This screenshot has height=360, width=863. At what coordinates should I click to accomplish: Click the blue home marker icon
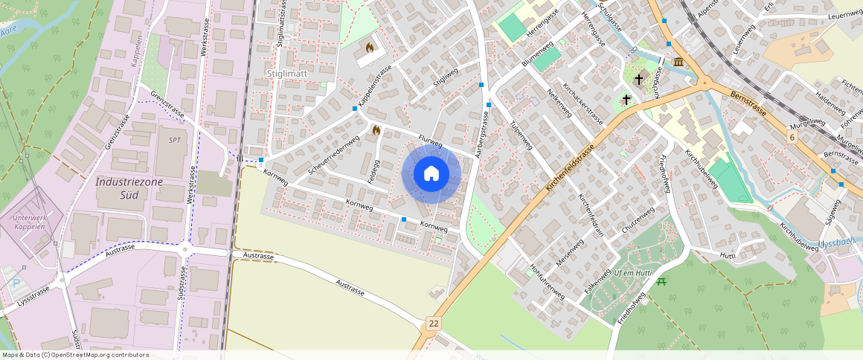coord(431,174)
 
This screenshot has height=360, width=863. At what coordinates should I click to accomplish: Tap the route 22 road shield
coord(433,324)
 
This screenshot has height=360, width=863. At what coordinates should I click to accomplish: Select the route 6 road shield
coord(793,138)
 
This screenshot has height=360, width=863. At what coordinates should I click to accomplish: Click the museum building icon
coord(678,61)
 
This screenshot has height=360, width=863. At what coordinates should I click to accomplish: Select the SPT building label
coord(175,140)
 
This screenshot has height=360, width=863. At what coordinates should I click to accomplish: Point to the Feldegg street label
coord(376,173)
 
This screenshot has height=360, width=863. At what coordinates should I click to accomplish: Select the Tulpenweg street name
coord(520,136)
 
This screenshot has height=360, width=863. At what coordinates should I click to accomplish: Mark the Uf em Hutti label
coord(632,274)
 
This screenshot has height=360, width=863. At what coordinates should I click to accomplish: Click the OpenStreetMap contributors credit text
coord(74,355)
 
